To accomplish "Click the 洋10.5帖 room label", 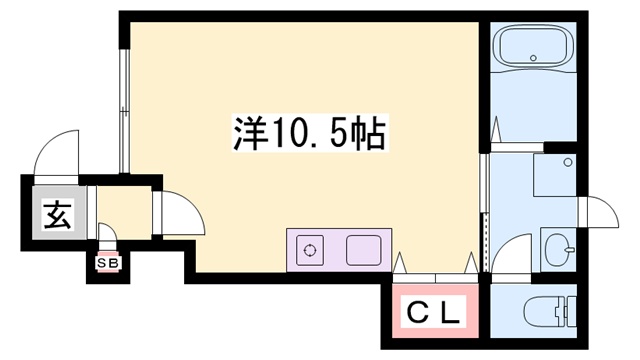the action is coord(308,133).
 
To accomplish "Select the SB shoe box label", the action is coord(105,263).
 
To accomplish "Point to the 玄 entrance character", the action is coord(56,215).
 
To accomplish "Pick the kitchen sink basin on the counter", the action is coord(364,249).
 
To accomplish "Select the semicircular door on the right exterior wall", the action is coord(600,212).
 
